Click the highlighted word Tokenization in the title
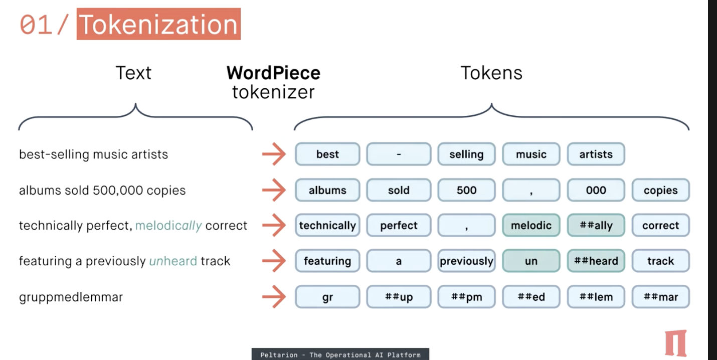tap(158, 25)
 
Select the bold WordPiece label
tap(273, 73)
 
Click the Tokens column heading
tap(491, 73)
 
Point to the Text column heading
tap(133, 73)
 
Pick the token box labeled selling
tap(466, 154)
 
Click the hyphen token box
tap(399, 154)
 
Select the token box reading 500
tap(466, 191)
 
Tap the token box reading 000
tap(596, 191)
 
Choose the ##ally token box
tap(596, 226)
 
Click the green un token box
tap(531, 261)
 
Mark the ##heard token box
tap(596, 261)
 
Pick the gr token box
tap(327, 297)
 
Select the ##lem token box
tap(596, 297)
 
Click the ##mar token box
tap(660, 297)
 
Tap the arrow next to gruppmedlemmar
tap(274, 297)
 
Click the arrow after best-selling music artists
tap(274, 154)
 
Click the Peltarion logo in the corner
tap(675, 343)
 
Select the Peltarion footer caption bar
tap(340, 354)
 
